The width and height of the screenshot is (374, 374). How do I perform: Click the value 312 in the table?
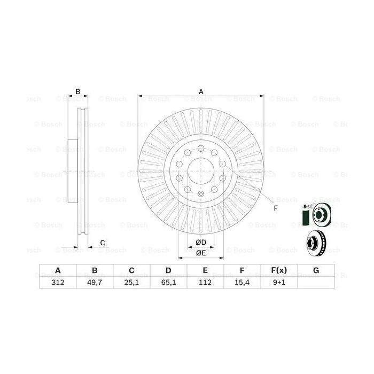click(58, 283)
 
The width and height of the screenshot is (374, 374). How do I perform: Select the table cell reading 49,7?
click(95, 283)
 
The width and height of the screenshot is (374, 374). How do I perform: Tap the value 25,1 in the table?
click(131, 283)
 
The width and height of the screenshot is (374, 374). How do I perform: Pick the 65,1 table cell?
click(169, 283)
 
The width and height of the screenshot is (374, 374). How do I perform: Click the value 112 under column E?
click(206, 283)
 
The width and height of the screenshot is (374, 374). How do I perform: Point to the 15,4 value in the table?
click(243, 283)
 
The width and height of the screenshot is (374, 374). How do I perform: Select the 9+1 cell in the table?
click(279, 283)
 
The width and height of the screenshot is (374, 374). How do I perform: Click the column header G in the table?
click(316, 270)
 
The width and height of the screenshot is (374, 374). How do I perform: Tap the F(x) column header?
click(279, 270)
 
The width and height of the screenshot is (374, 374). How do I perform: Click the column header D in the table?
click(169, 270)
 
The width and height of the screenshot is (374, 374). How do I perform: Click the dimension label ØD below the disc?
click(201, 243)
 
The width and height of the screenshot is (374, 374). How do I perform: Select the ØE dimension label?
click(201, 253)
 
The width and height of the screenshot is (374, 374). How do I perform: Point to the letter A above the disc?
click(201, 91)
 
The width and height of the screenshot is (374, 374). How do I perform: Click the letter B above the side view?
click(77, 92)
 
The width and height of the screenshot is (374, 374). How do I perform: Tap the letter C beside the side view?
click(102, 243)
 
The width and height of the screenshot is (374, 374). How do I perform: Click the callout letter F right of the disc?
click(276, 208)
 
